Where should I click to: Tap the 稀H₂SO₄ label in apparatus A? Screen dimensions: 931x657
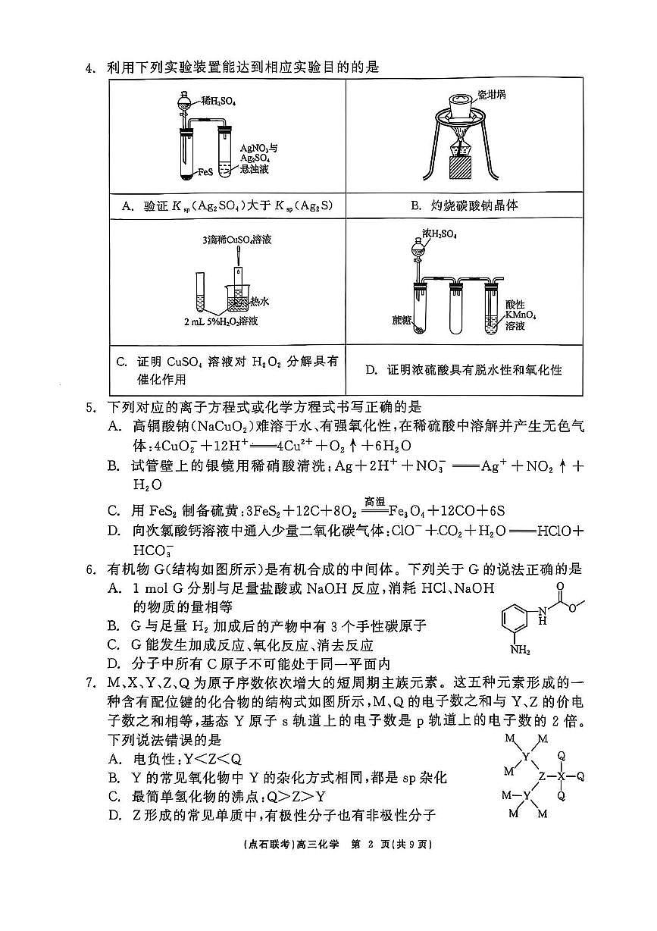tap(218, 100)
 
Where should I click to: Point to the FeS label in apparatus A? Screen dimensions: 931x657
tap(204, 173)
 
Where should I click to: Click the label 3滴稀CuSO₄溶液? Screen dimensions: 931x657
tap(237, 240)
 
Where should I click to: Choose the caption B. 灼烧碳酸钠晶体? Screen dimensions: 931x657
tap(464, 205)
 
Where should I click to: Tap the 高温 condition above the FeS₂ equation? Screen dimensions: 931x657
tap(375, 501)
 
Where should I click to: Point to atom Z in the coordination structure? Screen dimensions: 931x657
tap(541, 776)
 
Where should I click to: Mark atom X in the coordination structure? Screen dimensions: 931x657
tap(561, 776)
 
